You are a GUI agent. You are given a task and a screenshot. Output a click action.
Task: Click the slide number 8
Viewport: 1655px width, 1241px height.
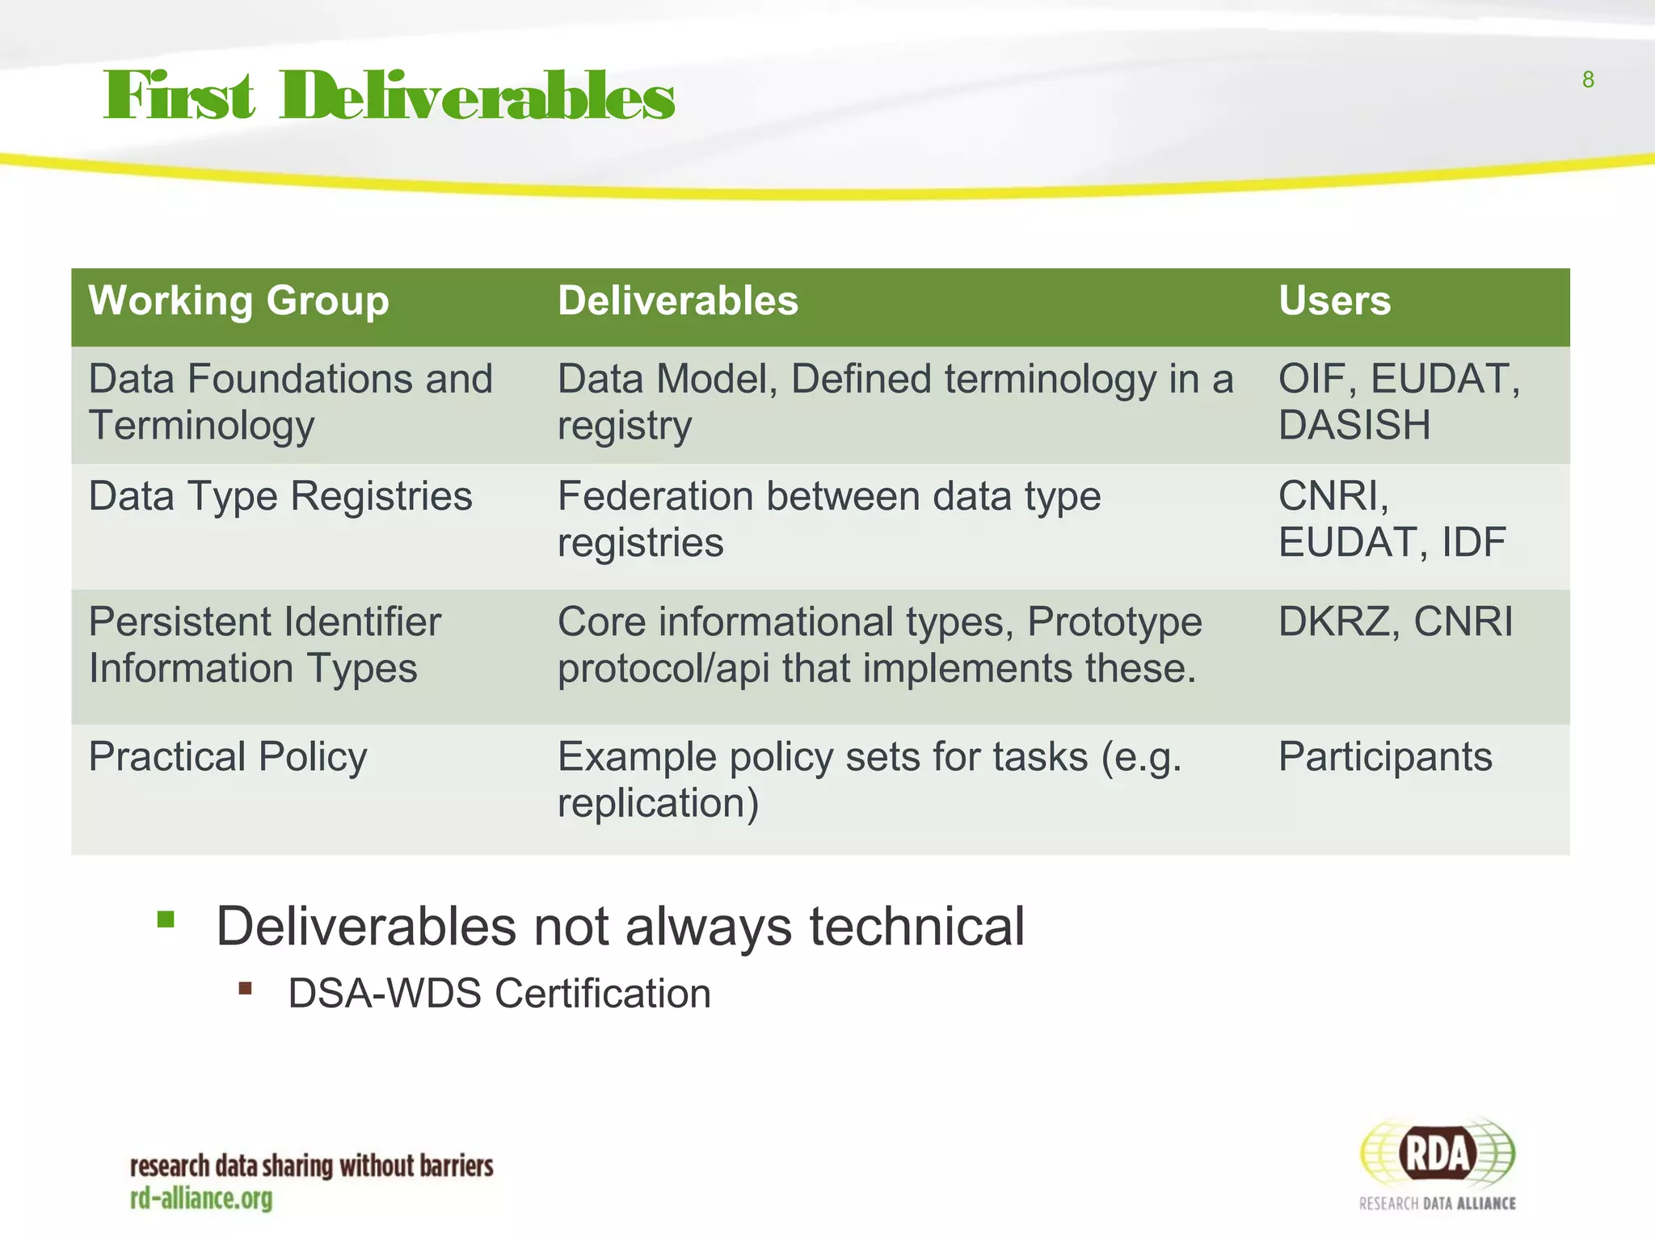(1587, 80)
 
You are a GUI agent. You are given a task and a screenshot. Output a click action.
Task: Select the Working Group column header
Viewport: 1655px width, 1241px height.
(238, 301)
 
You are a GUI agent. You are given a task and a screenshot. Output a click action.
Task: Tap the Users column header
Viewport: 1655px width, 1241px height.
(1334, 301)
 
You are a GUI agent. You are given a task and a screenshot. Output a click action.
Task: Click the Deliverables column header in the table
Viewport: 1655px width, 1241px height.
(677, 301)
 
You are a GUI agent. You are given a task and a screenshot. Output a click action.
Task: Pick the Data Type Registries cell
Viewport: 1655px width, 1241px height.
(280, 496)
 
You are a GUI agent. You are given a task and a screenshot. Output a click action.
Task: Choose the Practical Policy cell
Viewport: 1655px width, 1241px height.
(227, 757)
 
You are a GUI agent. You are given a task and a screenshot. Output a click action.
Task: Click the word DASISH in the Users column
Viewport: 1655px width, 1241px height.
(1354, 425)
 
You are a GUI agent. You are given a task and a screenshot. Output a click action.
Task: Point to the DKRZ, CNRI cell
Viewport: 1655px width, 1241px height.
(1395, 622)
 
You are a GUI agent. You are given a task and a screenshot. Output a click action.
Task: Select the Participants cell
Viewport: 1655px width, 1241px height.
(1384, 757)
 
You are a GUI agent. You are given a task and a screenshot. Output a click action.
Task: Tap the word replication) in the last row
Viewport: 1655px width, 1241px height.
(658, 803)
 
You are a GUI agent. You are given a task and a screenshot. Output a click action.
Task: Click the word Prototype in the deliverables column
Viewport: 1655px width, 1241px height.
(1114, 622)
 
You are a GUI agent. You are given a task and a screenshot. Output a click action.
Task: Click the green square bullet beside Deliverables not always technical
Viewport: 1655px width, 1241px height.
(166, 919)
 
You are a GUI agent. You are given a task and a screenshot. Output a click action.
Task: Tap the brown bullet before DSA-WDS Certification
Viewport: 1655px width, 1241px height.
(246, 988)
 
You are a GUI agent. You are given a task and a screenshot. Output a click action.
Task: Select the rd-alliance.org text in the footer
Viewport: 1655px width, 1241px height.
(201, 1199)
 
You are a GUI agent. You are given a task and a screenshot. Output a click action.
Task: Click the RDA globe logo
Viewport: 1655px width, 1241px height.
(1437, 1154)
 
